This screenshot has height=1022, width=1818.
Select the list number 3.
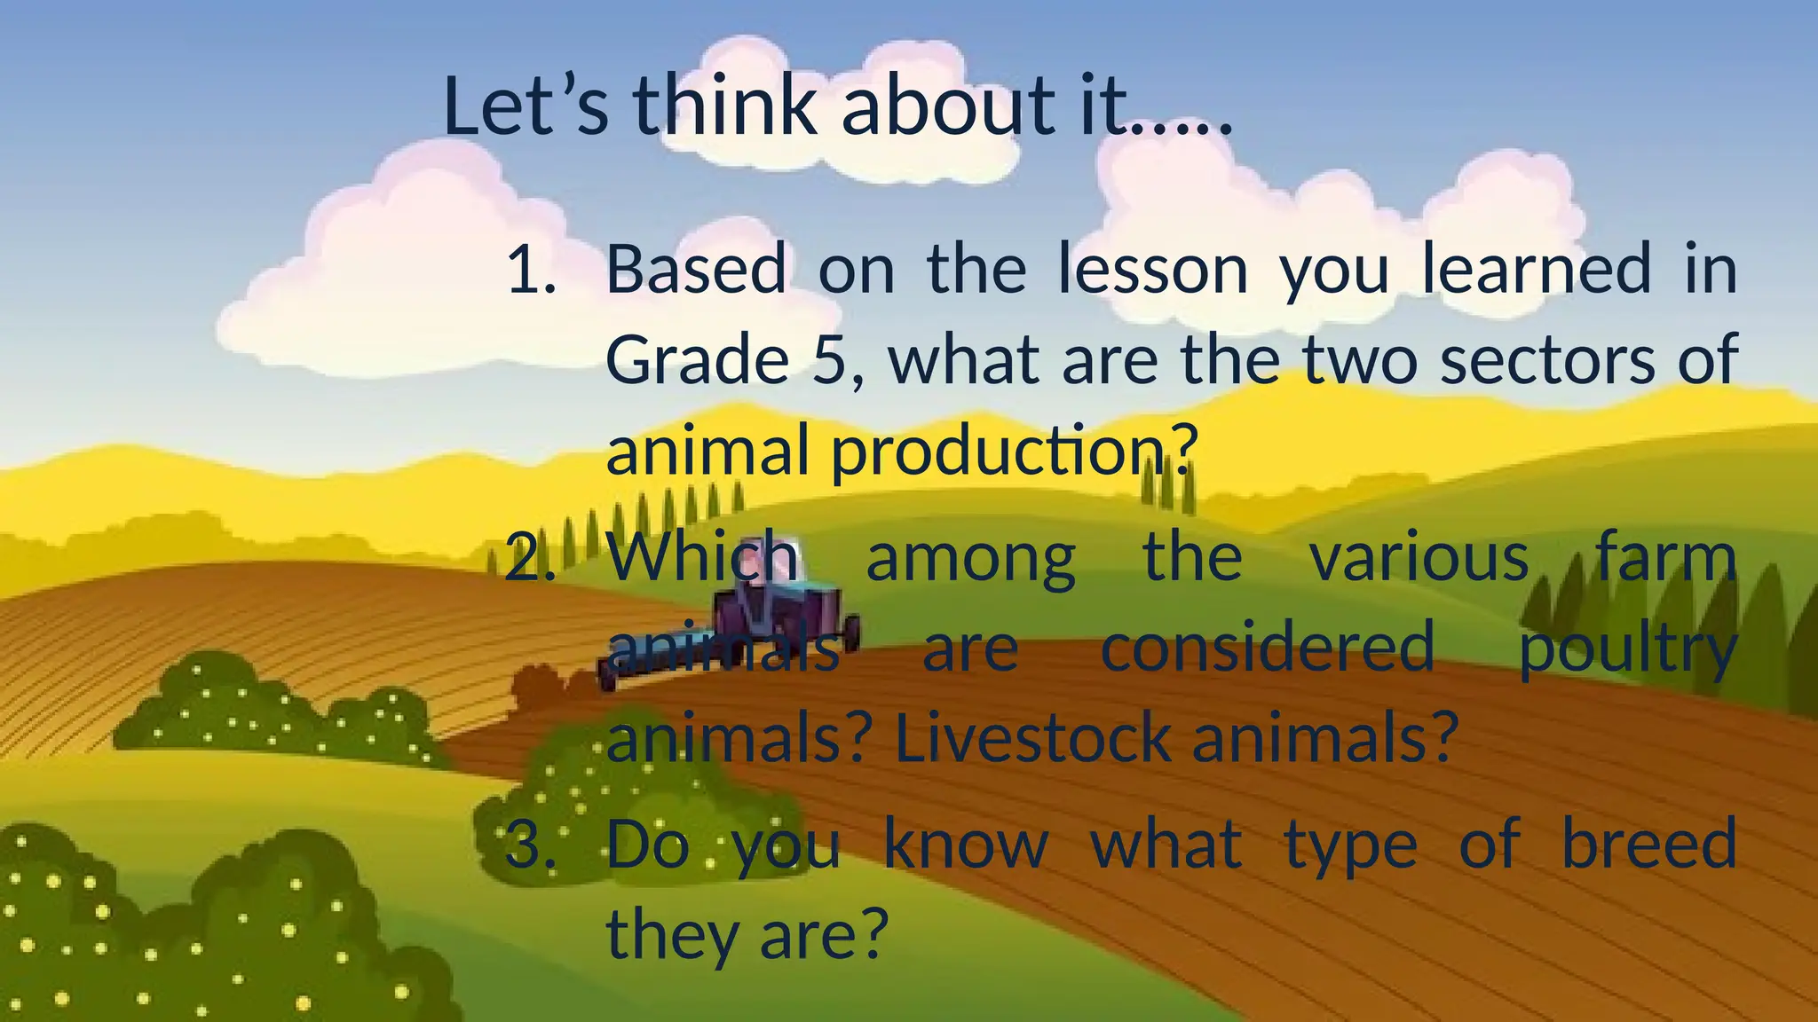pyautogui.click(x=530, y=845)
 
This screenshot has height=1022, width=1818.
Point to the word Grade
pyautogui.click(x=697, y=360)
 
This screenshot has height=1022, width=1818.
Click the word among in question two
pyautogui.click(x=970, y=559)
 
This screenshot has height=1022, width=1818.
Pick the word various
pyautogui.click(x=1419, y=559)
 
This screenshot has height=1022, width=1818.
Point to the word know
pyautogui.click(x=966, y=845)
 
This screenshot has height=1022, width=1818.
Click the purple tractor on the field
pyautogui.click(x=781, y=621)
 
